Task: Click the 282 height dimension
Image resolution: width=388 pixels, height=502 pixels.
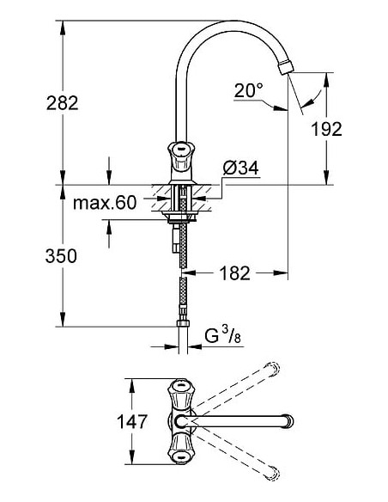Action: (37, 102)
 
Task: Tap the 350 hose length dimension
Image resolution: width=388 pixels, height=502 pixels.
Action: (37, 255)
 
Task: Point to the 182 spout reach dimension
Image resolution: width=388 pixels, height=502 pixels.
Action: (233, 273)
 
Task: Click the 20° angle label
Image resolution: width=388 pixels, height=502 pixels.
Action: (247, 90)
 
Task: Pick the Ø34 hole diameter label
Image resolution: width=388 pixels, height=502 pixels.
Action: (239, 169)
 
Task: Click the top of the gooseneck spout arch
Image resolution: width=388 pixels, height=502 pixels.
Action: (230, 23)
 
